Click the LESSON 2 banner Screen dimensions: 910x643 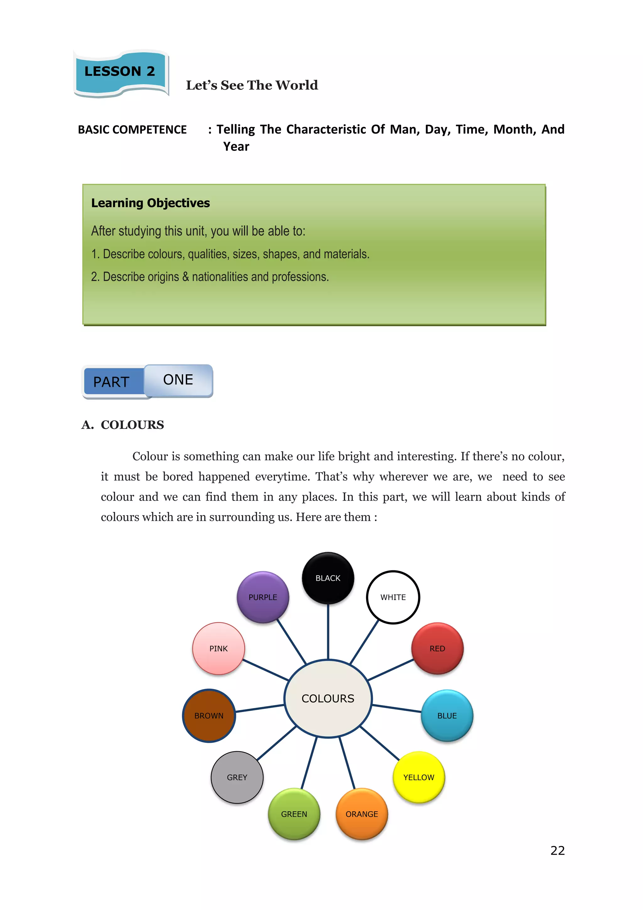pos(120,72)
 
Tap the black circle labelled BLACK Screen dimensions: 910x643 pos(328,578)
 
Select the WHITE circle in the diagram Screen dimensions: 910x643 pos(393,597)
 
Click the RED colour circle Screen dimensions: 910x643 pos(437,649)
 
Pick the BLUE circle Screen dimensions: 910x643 pos(447,715)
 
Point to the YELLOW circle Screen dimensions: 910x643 pos(419,777)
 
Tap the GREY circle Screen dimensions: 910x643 pos(237,777)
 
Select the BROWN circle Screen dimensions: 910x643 pos(209,715)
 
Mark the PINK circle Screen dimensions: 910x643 pos(219,649)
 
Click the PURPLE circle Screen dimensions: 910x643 pos(263,597)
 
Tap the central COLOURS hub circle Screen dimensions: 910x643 pos(328,698)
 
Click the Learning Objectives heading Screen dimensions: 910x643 pos(150,203)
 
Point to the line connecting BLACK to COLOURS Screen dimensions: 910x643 pos(328,632)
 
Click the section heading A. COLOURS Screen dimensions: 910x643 pos(123,425)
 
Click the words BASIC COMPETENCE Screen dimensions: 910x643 pos(132,129)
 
